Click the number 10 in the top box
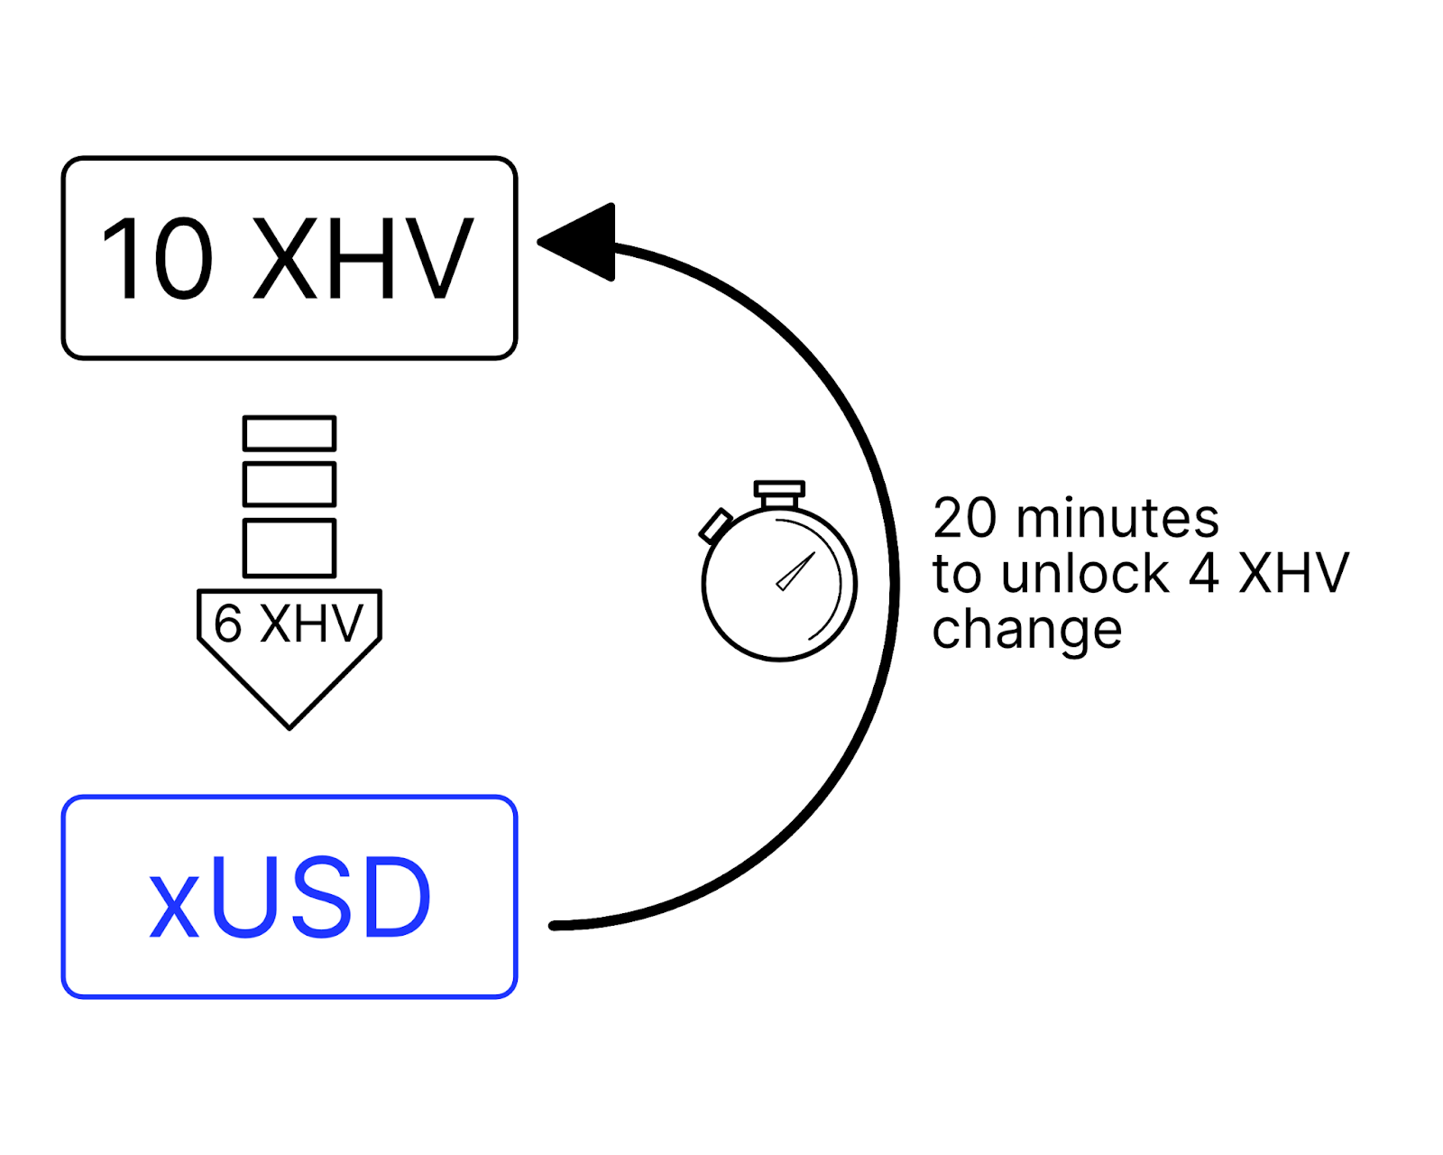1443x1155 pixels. (157, 259)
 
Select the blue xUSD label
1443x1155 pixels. (290, 899)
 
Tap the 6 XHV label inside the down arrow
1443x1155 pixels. (289, 624)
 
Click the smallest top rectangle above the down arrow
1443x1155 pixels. (290, 433)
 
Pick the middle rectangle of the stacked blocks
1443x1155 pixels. (290, 485)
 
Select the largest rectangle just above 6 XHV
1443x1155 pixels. (290, 548)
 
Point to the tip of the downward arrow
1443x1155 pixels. (290, 724)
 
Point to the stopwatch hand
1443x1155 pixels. (795, 572)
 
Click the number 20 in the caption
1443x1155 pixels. (964, 519)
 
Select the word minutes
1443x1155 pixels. (1117, 519)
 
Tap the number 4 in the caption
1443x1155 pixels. (1204, 574)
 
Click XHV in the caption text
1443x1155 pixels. (1294, 574)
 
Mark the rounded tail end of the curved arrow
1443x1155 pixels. (555, 925)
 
